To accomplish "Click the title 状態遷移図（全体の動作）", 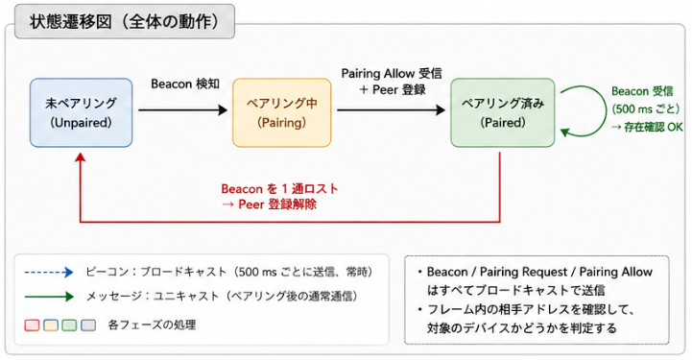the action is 125,22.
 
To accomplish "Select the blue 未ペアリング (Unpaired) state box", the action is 82,112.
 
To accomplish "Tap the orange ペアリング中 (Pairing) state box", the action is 282,112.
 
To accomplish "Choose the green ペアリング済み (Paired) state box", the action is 503,112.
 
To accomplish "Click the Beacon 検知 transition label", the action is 185,84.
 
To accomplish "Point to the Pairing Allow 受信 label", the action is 392,73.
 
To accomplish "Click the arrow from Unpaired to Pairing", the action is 183,109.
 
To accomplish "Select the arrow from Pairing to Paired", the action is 391,109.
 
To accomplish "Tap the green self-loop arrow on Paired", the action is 606,110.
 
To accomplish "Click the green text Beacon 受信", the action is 642,91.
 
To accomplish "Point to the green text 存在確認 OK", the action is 654,127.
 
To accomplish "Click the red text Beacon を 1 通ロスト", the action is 280,189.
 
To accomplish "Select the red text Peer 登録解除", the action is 277,204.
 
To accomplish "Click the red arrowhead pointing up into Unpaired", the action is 81,157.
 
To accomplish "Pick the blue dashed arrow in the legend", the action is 49,273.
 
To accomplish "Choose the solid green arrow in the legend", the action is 49,297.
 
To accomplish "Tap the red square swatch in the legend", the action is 32,325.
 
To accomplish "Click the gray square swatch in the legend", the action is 88,325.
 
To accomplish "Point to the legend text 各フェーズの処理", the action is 152,325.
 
